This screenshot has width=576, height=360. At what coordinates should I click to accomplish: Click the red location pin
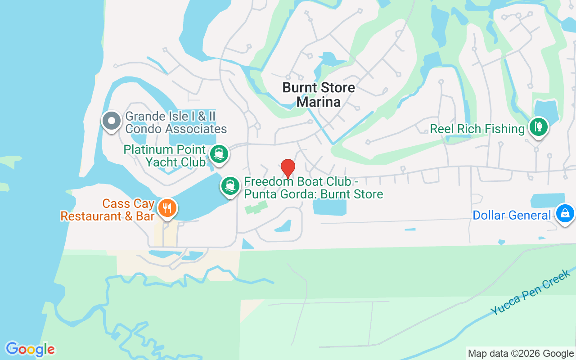[288, 168]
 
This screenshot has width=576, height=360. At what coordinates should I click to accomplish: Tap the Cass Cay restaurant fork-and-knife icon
[167, 208]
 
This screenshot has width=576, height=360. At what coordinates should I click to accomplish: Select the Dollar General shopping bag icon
[565, 213]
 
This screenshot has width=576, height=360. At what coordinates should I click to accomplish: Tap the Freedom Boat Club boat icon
[230, 185]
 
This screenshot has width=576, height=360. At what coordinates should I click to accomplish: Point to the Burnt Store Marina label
[319, 94]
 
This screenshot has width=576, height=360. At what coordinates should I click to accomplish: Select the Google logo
[30, 349]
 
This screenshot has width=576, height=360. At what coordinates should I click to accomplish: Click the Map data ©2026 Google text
[521, 354]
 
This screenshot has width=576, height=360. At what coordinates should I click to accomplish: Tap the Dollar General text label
[512, 216]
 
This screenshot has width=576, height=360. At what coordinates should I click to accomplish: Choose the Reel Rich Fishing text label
[477, 129]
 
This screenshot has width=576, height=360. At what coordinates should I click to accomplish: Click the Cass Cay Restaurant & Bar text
[108, 210]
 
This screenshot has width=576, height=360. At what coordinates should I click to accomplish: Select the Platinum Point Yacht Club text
[165, 156]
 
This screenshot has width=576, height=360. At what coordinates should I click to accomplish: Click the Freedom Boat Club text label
[313, 188]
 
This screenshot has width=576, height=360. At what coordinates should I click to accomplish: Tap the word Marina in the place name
[319, 102]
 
